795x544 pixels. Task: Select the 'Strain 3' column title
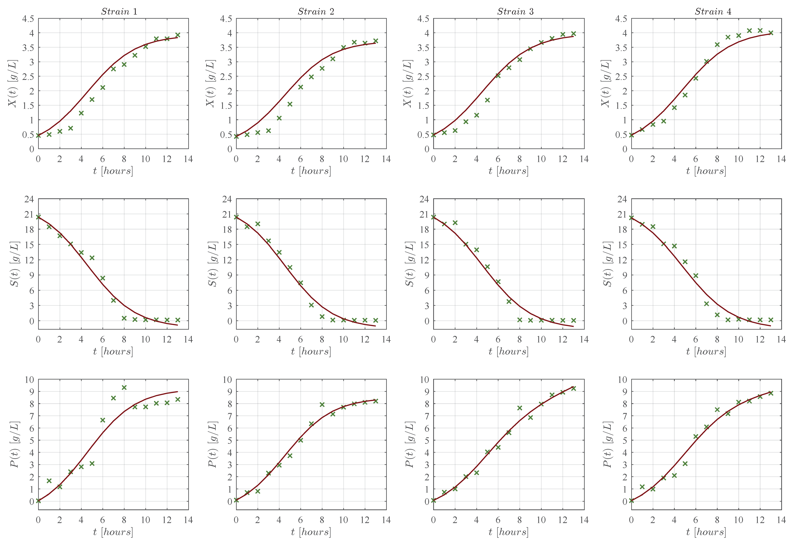pyautogui.click(x=515, y=12)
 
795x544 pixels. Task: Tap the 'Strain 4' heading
pyautogui.click(x=713, y=12)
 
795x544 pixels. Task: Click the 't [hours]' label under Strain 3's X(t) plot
pyautogui.click(x=508, y=170)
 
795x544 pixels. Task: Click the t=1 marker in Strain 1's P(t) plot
pyautogui.click(x=49, y=481)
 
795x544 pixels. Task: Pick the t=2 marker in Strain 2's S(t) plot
pyautogui.click(x=258, y=224)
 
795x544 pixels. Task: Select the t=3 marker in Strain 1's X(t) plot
pyautogui.click(x=70, y=128)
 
